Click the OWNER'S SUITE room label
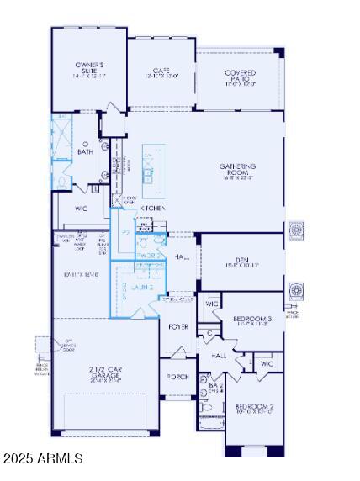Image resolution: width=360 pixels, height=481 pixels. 88,69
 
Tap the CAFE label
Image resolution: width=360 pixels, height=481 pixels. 161,73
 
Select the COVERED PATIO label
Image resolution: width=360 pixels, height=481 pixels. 240,78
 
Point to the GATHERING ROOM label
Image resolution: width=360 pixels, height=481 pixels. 238,171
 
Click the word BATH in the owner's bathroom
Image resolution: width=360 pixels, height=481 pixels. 85,152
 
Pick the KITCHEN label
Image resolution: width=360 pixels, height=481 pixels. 152,208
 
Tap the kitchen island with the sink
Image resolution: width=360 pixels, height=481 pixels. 152,164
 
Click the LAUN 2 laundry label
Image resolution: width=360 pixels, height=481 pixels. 141,288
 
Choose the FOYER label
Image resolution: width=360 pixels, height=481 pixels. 178,326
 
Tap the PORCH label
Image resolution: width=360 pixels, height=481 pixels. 178,376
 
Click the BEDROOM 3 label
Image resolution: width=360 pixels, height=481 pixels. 252,320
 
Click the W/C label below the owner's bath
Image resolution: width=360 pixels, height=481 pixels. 82,207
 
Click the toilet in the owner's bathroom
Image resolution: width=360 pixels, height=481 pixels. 64,179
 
